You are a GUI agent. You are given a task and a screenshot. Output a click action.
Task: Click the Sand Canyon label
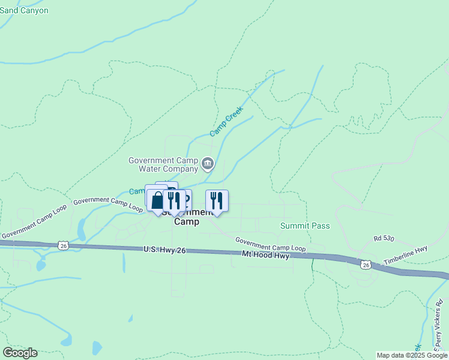[24, 10]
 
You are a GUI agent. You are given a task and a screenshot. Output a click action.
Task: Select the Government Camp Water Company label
[164, 164]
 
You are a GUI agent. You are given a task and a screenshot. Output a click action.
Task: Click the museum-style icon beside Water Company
[208, 163]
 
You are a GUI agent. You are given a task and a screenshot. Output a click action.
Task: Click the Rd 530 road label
[384, 239]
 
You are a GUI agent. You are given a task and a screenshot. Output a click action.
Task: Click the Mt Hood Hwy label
[266, 256]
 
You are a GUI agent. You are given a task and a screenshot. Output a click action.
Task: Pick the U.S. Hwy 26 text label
[164, 250]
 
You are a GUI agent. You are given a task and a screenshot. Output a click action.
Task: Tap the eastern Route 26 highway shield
[366, 264]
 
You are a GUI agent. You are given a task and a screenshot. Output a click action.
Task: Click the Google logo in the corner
[20, 353]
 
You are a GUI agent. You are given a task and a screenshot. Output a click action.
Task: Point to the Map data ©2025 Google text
[411, 355]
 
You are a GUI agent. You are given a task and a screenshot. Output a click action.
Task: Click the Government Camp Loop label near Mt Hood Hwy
[270, 244]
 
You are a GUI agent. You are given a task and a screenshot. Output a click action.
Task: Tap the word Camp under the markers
[187, 221]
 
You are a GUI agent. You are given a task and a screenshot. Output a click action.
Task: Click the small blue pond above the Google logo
[97, 347]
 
